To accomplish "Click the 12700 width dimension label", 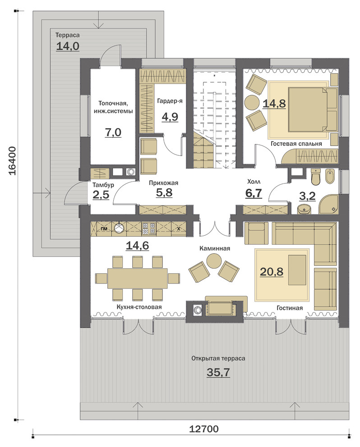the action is click(204, 428).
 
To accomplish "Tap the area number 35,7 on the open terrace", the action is click(218, 372).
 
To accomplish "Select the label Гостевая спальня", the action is click(296, 144).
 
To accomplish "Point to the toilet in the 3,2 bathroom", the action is click(316, 176).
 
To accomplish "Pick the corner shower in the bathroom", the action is click(328, 205).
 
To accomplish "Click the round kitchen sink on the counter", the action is click(120, 228).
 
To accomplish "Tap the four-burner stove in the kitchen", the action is click(149, 228).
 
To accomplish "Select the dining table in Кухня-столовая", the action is click(137, 278).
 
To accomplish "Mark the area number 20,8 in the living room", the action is click(272, 272).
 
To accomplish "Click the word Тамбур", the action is click(103, 185).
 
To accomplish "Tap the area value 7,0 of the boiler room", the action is click(113, 133).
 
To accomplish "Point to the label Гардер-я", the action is click(170, 101).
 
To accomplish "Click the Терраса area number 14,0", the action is click(68, 46).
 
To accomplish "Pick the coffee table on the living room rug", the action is click(298, 270).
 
